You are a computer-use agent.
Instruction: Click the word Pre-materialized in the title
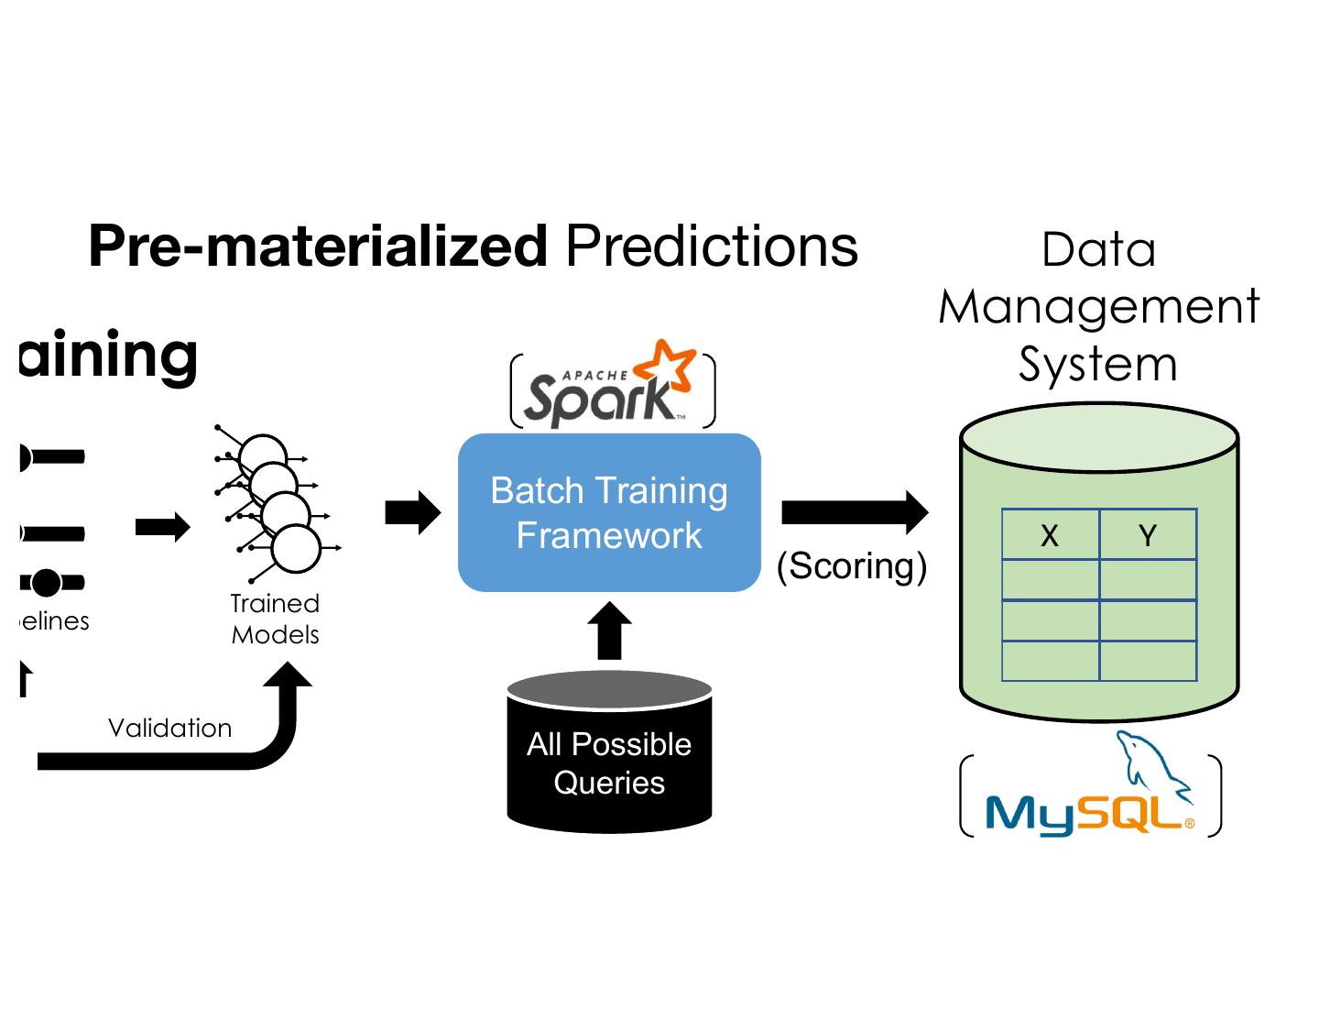[318, 247]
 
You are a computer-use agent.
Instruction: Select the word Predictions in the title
[712, 247]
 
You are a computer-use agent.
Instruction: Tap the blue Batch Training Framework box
[609, 512]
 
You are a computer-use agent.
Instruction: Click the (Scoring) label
[851, 566]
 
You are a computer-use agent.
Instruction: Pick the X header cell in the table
[1050, 535]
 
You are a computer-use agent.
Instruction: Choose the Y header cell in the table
[1148, 535]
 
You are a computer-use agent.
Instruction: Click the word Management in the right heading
[1098, 306]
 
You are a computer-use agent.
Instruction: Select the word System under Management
[1097, 365]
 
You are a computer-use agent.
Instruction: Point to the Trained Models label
[275, 619]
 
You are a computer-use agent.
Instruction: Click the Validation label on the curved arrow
[169, 728]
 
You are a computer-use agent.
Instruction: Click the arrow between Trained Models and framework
[413, 512]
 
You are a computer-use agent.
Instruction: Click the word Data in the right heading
[1098, 249]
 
